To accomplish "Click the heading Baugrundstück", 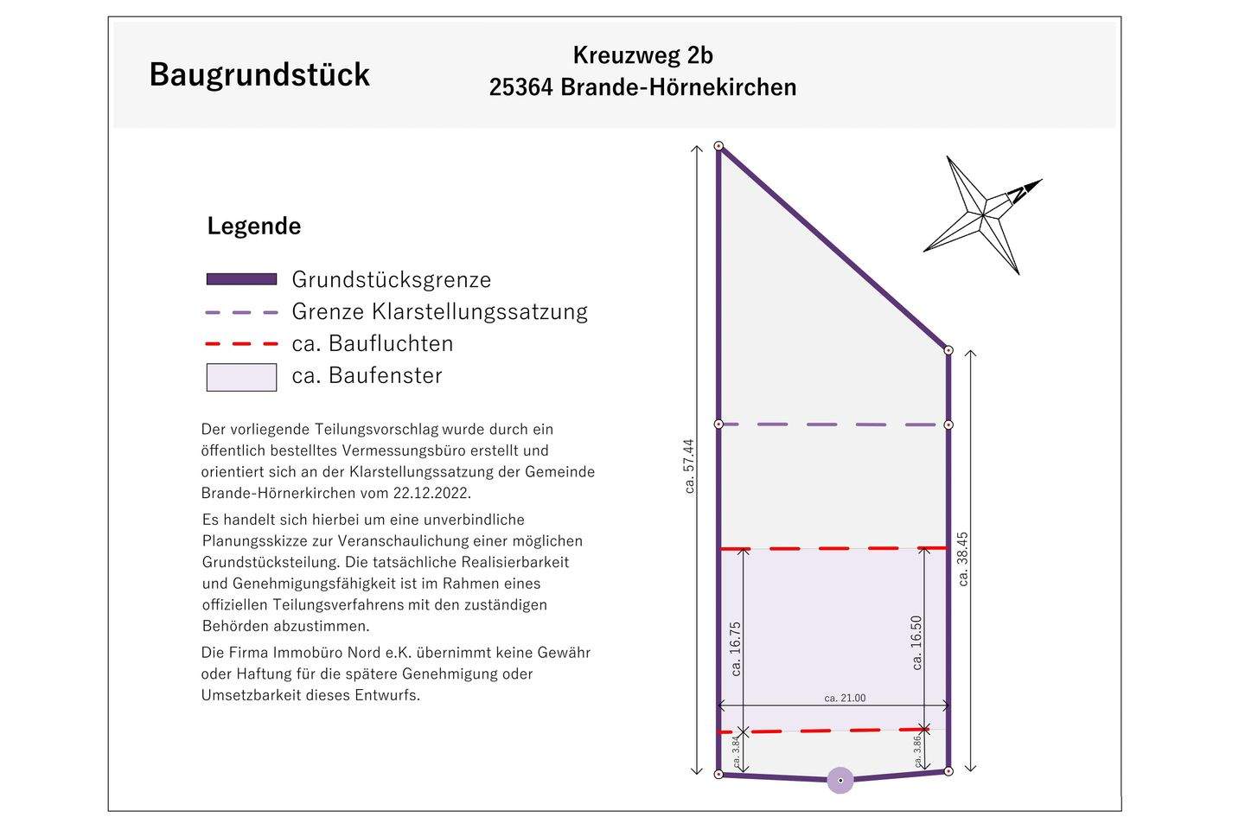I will [259, 74].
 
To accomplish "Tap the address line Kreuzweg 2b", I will [642, 55].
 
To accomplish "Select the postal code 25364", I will [520, 87].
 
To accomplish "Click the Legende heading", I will [254, 227].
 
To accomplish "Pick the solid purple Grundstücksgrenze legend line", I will [241, 279].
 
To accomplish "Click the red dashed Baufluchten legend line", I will [241, 344].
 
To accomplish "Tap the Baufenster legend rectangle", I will [241, 377].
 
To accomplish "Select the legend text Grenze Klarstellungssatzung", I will [439, 311].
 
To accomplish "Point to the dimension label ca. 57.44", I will [689, 466].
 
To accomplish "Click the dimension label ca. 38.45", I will [963, 559].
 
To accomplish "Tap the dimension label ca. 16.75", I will [737, 648].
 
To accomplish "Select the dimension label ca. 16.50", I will [916, 642].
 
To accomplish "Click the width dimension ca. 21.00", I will [845, 698].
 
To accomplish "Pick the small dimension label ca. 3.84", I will [737, 751].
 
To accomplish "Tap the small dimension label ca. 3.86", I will [918, 750].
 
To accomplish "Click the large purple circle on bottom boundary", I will [840, 781].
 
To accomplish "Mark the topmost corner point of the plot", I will [718, 147].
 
